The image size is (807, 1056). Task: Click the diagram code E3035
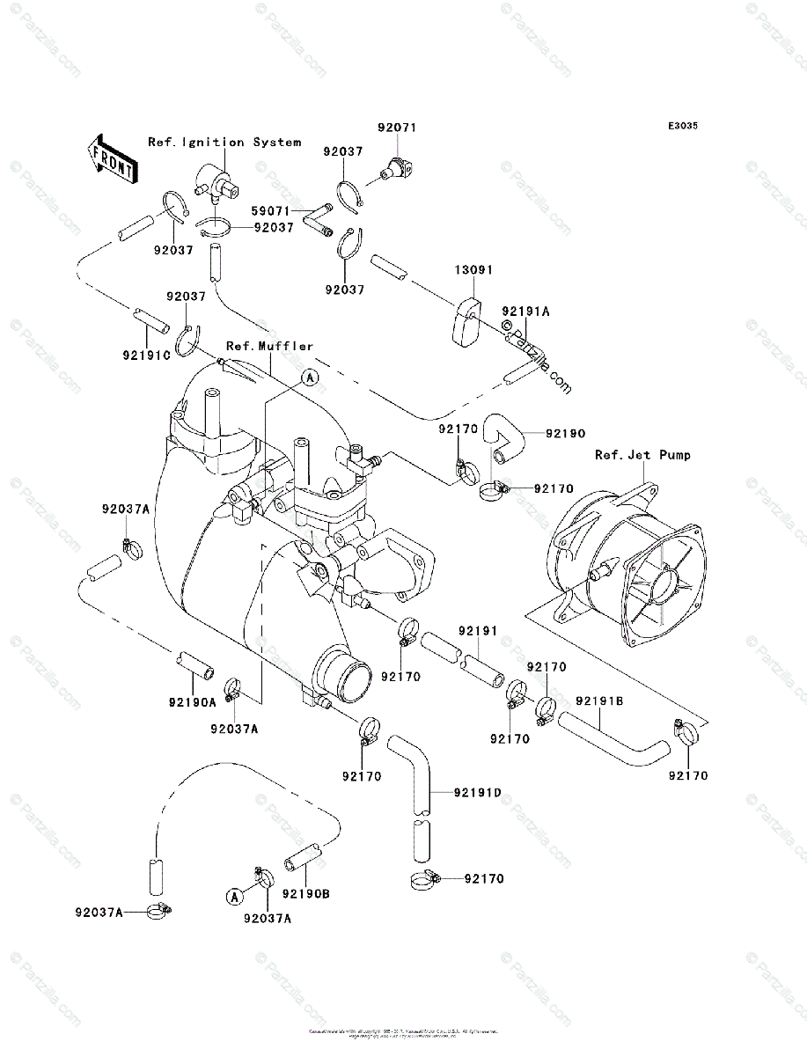[x=682, y=127]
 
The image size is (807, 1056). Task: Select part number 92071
[x=397, y=128]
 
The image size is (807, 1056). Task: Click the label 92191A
[x=526, y=312]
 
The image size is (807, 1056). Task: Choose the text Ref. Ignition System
[x=224, y=142]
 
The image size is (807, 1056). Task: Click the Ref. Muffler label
[x=269, y=346]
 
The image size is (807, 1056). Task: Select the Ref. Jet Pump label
[x=642, y=455]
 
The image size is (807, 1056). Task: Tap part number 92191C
[x=145, y=355]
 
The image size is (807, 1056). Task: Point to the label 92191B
[x=600, y=701]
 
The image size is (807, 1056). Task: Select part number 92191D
[x=478, y=793]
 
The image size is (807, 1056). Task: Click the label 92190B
[x=306, y=894]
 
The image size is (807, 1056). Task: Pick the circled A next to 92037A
[x=234, y=896]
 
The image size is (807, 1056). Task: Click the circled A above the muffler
[x=309, y=378]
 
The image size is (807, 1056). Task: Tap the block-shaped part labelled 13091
[x=466, y=322]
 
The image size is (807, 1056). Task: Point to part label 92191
[x=478, y=631]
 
